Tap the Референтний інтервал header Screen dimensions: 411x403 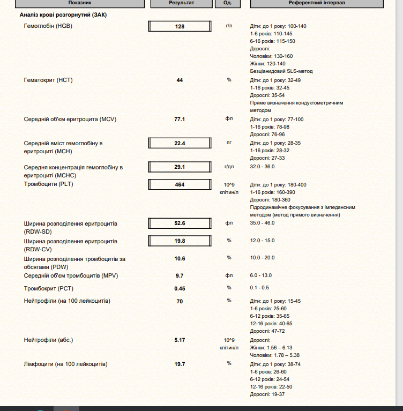[x=317, y=3]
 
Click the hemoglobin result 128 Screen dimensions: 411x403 [x=180, y=26]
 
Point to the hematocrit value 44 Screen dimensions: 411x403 [x=180, y=80]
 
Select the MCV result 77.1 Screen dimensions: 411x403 [x=180, y=119]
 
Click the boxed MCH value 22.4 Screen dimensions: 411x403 [x=180, y=143]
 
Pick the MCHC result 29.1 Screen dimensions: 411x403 [x=180, y=167]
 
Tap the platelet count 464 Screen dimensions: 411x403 [x=180, y=185]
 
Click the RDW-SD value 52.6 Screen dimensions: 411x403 [x=180, y=223]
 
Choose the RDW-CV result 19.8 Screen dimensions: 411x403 [x=180, y=241]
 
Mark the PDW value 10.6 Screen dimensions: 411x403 [x=180, y=259]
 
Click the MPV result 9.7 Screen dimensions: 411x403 [x=180, y=275]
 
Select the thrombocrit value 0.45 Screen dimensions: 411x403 [x=180, y=288]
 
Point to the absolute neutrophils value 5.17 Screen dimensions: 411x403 [x=180, y=340]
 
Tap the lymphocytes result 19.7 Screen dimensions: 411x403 [x=180, y=364]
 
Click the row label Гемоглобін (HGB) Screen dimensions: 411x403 [x=48, y=26]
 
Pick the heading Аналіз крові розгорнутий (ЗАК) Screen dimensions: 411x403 [x=63, y=15]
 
